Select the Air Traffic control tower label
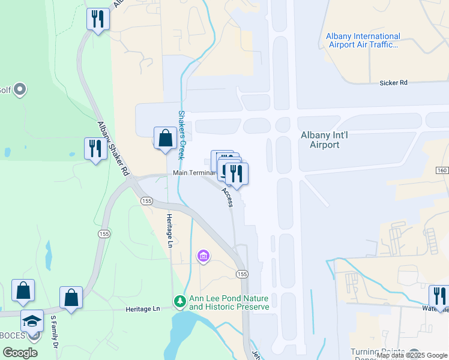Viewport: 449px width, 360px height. (x=362, y=40)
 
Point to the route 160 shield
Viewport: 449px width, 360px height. (x=442, y=171)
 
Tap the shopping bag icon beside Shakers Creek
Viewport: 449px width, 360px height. (x=165, y=138)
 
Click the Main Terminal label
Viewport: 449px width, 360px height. (x=193, y=173)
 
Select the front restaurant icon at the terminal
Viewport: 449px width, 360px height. (x=236, y=173)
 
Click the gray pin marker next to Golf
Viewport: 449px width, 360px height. (x=20, y=90)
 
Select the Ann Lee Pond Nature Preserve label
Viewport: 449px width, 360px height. (x=229, y=303)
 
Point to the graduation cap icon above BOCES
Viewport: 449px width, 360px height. (x=32, y=320)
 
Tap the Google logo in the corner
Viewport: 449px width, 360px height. (x=20, y=353)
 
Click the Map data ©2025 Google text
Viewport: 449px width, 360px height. (x=412, y=355)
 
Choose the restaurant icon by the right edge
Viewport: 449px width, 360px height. (x=439, y=295)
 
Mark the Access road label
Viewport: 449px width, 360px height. (x=227, y=197)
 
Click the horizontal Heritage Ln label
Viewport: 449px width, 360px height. (x=143, y=308)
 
